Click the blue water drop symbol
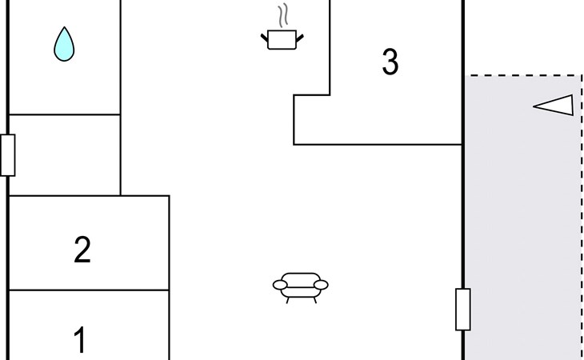[64, 45]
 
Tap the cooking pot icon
[282, 39]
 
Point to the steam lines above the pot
[282, 16]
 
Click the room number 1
[80, 340]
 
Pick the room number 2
[82, 250]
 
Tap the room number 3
[390, 62]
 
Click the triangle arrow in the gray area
[555, 106]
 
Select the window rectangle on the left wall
[8, 155]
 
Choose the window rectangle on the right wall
[462, 310]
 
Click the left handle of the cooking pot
[266, 35]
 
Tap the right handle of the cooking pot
[300, 35]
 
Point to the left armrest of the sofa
[280, 283]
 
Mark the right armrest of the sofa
[322, 283]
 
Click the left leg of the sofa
[288, 298]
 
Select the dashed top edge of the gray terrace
[524, 76]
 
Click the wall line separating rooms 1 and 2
[88, 290]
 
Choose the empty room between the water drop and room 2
[64, 155]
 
